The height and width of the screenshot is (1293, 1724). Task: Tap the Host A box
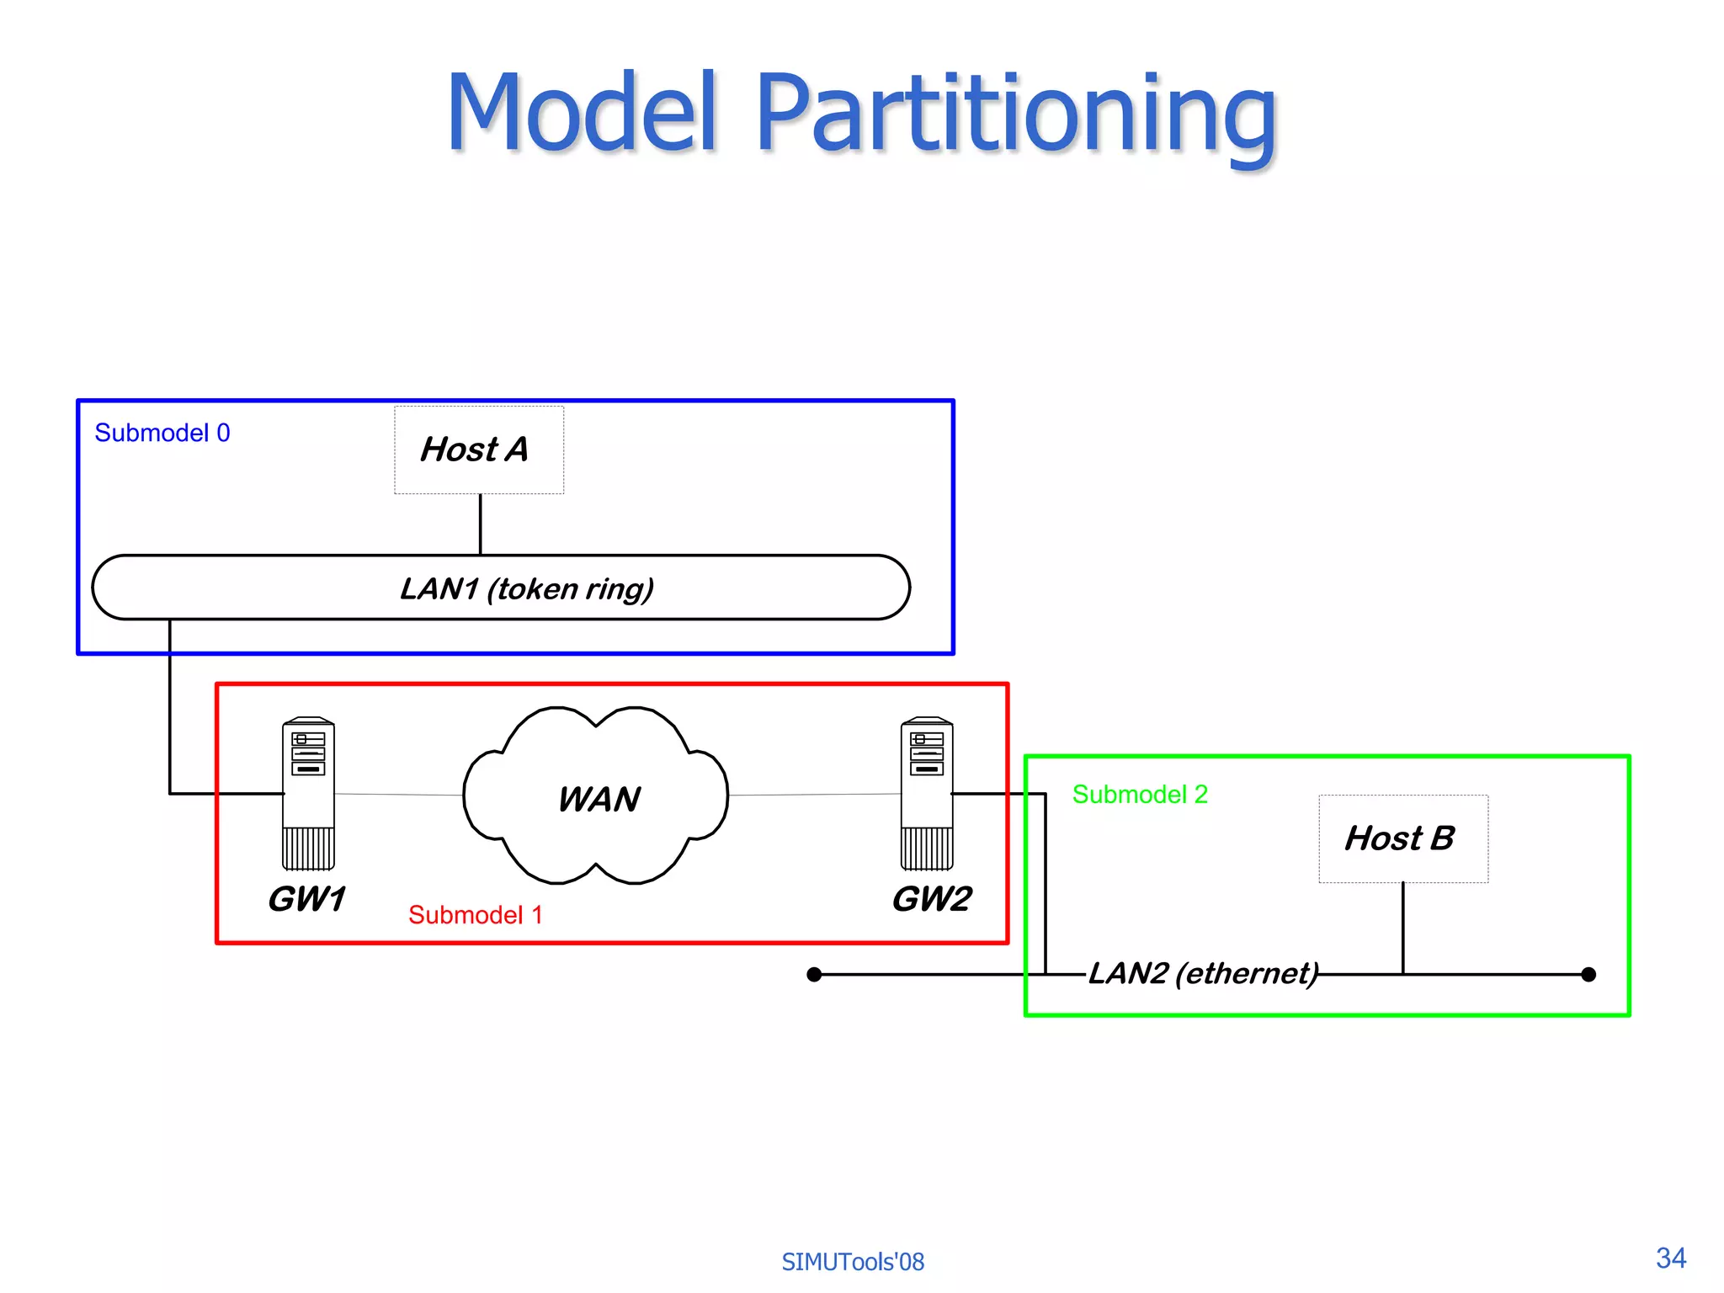click(x=479, y=450)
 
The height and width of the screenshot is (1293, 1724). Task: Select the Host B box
click(x=1402, y=838)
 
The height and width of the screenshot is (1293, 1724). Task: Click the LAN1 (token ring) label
click(x=526, y=588)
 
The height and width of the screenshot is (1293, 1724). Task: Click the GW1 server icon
click(x=308, y=793)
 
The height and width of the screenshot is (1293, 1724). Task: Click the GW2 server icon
click(x=927, y=793)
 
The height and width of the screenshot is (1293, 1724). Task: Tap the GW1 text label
click(x=306, y=899)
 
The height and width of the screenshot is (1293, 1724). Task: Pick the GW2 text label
click(x=932, y=899)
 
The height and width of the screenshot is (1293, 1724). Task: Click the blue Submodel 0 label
click(x=162, y=433)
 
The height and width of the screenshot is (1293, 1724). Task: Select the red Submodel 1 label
click(x=475, y=915)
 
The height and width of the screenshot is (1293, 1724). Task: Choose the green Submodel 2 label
click(x=1139, y=794)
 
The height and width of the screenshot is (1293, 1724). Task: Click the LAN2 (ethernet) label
click(x=1203, y=973)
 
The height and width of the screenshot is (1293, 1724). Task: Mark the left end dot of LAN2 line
click(x=814, y=975)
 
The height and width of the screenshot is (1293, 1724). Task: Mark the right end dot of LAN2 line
click(x=1588, y=975)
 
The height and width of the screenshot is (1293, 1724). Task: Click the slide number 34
click(x=1670, y=1258)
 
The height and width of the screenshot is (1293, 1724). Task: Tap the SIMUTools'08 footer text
click(x=852, y=1262)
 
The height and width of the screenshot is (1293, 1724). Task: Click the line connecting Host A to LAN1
click(x=480, y=524)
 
